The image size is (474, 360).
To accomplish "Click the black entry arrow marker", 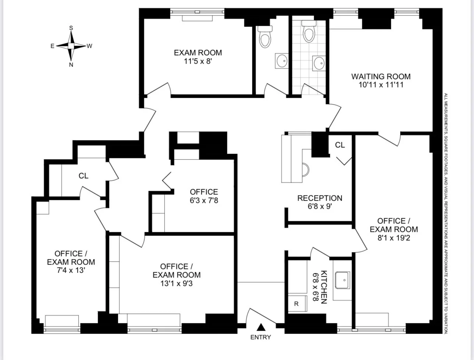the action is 261,327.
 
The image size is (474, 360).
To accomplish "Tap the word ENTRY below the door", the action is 261,337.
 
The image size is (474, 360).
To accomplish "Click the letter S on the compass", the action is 71,28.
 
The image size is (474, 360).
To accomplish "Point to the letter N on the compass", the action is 71,65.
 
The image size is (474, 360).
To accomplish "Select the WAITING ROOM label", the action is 381,77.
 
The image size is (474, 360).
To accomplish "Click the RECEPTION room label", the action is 320,198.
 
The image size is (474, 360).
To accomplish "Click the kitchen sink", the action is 342,280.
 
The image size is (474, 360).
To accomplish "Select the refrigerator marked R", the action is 298,304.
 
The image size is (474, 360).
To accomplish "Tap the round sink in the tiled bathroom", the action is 319,63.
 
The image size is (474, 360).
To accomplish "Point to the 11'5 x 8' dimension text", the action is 198,61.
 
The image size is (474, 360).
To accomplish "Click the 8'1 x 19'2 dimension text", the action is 394,238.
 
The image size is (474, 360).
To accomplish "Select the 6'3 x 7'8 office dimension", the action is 204,201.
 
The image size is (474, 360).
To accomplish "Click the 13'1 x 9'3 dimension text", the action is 176,283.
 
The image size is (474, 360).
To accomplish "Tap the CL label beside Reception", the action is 340,145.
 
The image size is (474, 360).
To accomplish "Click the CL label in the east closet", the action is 83,176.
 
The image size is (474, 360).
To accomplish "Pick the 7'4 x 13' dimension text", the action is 71,270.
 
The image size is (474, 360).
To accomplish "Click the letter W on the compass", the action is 89,46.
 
